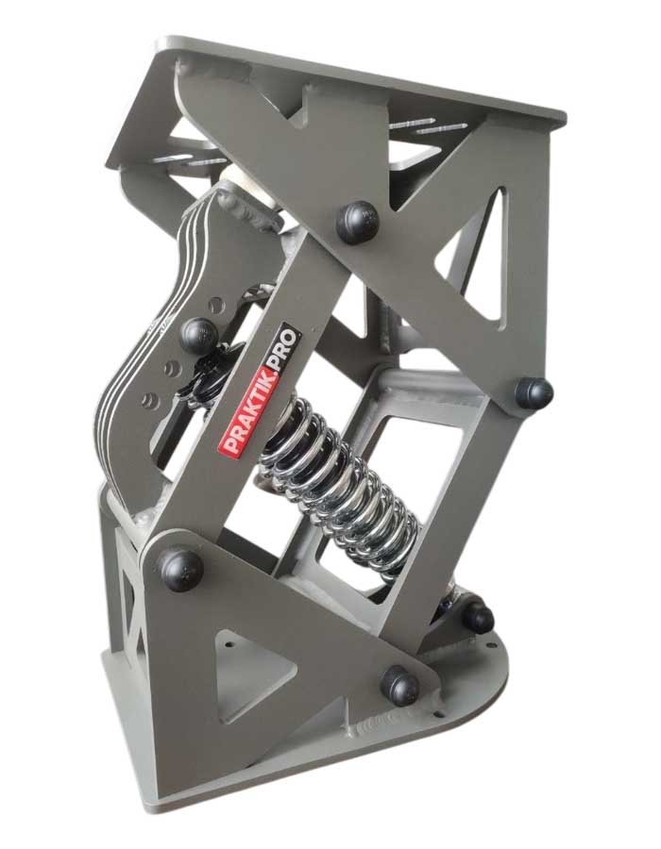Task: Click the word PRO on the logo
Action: (x=284, y=352)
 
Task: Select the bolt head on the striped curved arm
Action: (x=198, y=336)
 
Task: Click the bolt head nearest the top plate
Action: (x=357, y=221)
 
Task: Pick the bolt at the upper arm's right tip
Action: (x=534, y=393)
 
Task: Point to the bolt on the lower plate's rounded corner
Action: (x=400, y=686)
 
